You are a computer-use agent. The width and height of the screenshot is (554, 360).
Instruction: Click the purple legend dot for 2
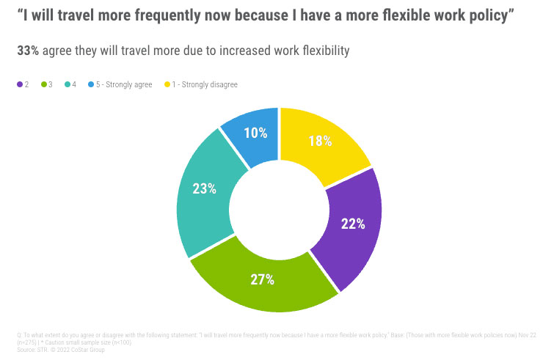20,85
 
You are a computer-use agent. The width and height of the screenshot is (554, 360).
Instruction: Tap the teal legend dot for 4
68,85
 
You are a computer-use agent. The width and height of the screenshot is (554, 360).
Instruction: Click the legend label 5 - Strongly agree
124,85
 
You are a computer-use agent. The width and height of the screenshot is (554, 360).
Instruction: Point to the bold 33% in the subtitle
28,51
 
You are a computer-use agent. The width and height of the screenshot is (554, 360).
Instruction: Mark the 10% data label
255,133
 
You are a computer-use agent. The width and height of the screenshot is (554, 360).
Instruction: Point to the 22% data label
353,224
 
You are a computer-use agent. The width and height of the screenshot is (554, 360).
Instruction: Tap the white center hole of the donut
279,210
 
